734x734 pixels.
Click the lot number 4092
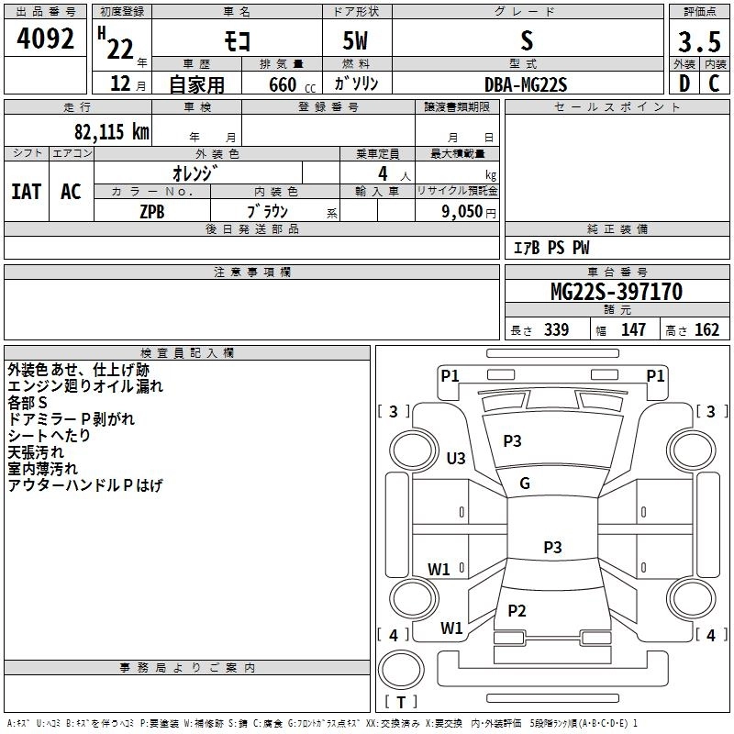(45, 39)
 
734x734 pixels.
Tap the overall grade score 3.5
(699, 41)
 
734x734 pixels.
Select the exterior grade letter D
(684, 83)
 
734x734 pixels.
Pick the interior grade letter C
(714, 83)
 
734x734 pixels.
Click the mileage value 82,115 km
(111, 131)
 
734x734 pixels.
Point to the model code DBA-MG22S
(526, 84)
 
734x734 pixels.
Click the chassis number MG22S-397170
(617, 292)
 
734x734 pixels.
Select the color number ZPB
(152, 212)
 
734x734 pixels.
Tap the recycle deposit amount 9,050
(462, 212)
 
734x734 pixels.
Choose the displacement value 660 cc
(292, 84)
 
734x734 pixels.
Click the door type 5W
(355, 40)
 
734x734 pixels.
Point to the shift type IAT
(27, 192)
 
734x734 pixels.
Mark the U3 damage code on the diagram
(456, 458)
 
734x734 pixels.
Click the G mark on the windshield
(525, 484)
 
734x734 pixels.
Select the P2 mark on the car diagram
(517, 610)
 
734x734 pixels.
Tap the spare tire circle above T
(401, 670)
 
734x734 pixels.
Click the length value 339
(556, 329)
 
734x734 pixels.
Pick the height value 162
(706, 329)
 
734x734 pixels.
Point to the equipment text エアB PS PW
(551, 248)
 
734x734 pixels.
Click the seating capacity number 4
(383, 173)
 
